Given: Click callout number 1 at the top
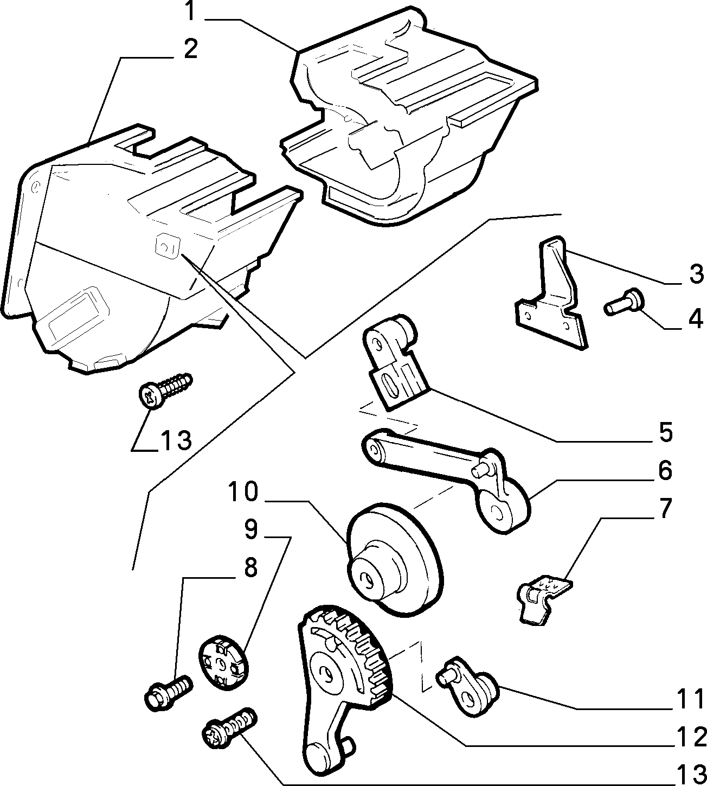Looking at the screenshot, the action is [x=190, y=12].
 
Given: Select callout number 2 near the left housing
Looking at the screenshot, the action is [x=190, y=49].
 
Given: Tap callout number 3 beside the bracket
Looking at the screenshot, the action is [x=696, y=274].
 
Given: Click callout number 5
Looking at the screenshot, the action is [x=665, y=432].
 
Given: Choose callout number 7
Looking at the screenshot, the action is [x=665, y=509].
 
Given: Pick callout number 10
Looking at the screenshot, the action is [x=243, y=492].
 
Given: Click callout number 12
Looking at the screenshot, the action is [x=691, y=737].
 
